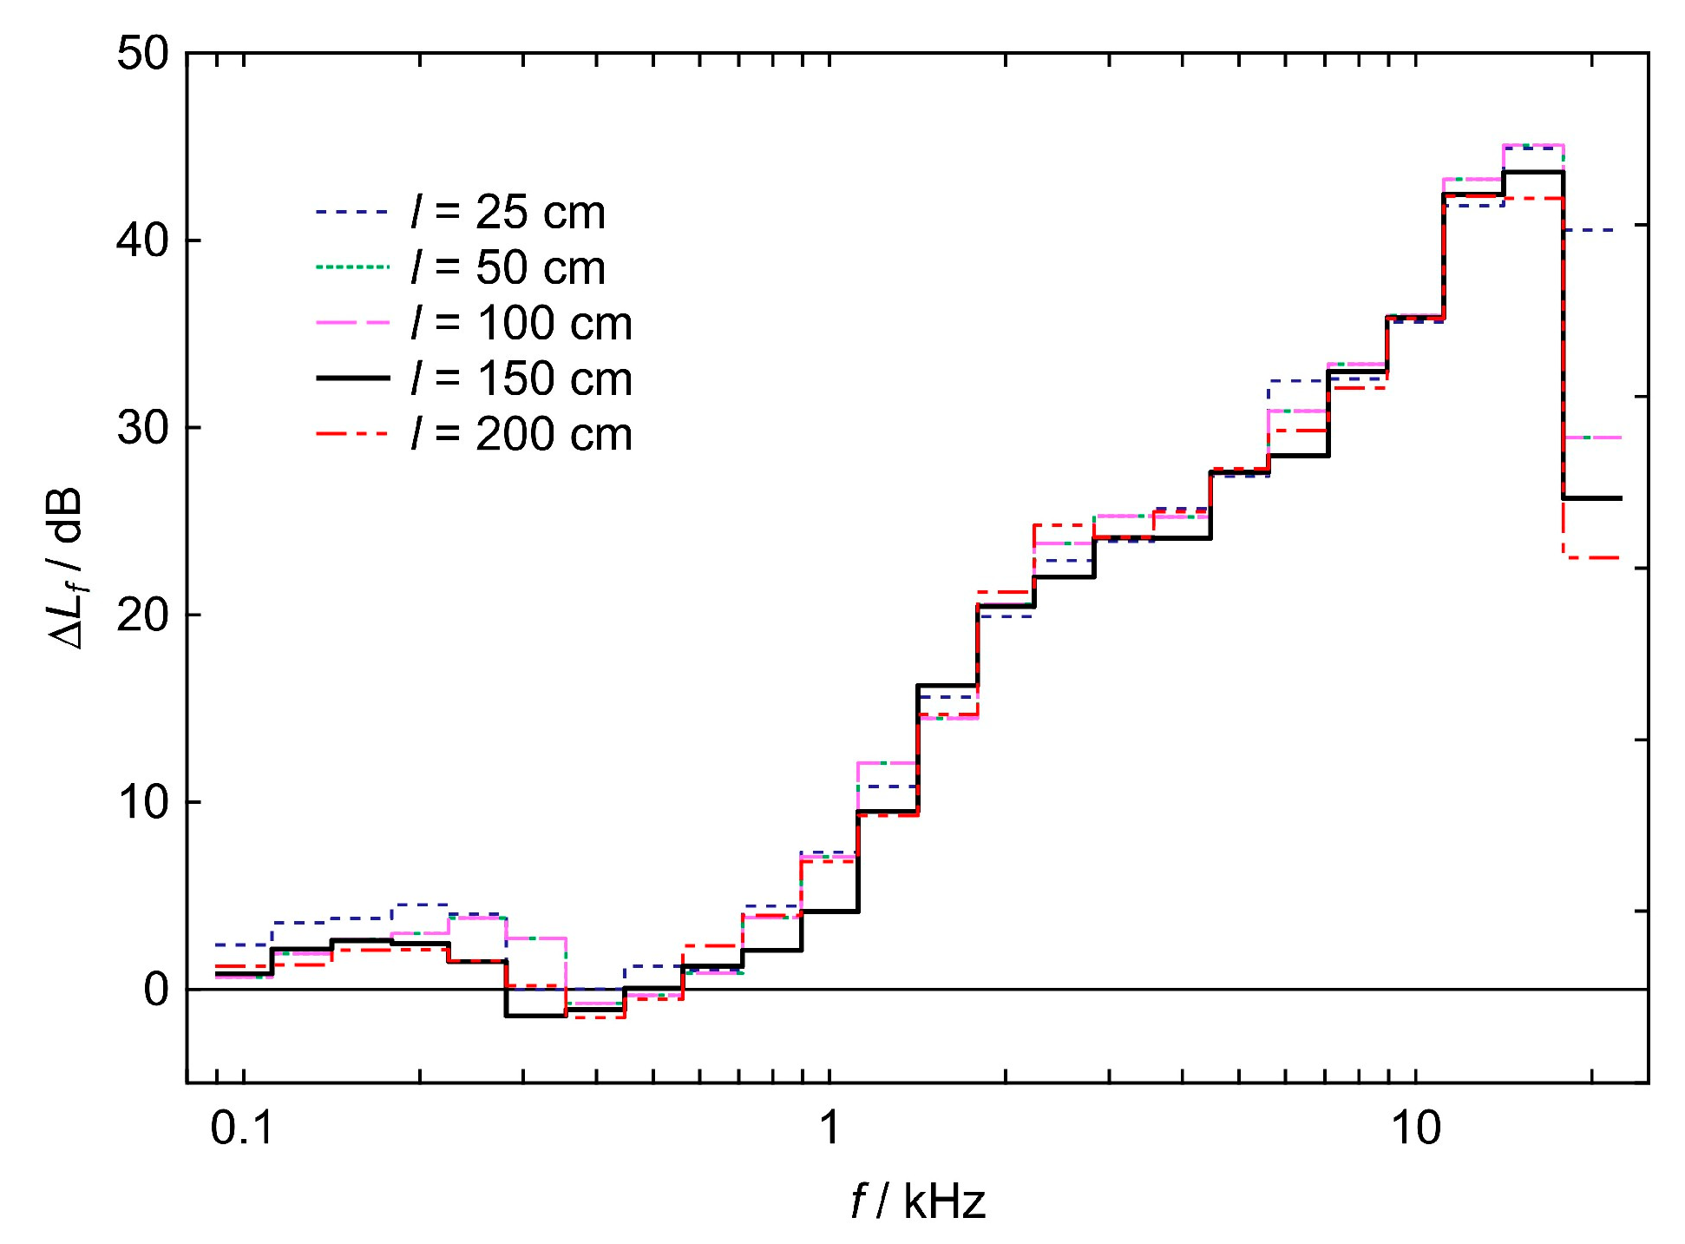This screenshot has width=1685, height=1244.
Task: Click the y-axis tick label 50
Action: (x=143, y=54)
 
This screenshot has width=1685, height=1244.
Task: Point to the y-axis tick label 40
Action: (x=143, y=240)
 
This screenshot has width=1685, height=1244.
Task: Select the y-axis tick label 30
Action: (x=143, y=428)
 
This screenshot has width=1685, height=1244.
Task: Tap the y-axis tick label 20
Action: (x=143, y=615)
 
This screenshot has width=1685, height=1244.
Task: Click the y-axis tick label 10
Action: (x=143, y=802)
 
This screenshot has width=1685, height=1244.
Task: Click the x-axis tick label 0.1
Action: (x=242, y=1129)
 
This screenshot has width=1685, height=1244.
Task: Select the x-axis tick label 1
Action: (x=830, y=1129)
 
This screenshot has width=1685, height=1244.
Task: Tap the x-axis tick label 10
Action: (x=1416, y=1129)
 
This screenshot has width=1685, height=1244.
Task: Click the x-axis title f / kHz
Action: (x=918, y=1202)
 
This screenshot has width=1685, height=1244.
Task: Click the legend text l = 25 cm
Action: (x=508, y=213)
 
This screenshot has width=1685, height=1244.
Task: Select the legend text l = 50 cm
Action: (x=508, y=268)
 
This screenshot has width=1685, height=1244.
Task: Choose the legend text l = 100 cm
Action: (x=521, y=324)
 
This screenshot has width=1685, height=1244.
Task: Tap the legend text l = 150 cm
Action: (x=521, y=379)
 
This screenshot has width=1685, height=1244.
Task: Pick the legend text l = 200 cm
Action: (x=521, y=435)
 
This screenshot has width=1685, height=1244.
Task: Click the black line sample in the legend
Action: (x=352, y=378)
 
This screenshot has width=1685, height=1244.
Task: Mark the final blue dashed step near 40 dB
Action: (x=1592, y=230)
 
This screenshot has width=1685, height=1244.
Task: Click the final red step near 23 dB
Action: (x=1592, y=557)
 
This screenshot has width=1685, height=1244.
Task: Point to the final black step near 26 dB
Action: (x=1592, y=498)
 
